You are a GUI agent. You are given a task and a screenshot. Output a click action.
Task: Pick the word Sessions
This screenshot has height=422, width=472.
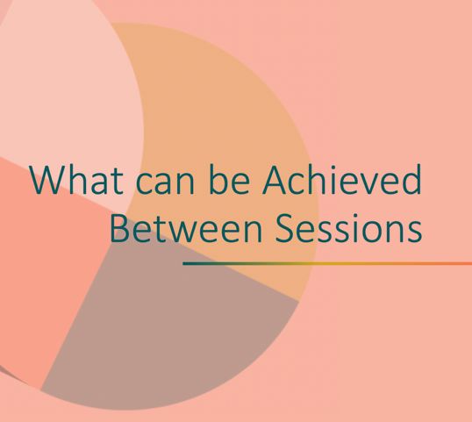point(340,228)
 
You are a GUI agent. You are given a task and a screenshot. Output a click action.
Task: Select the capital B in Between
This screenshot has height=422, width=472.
point(120,228)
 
